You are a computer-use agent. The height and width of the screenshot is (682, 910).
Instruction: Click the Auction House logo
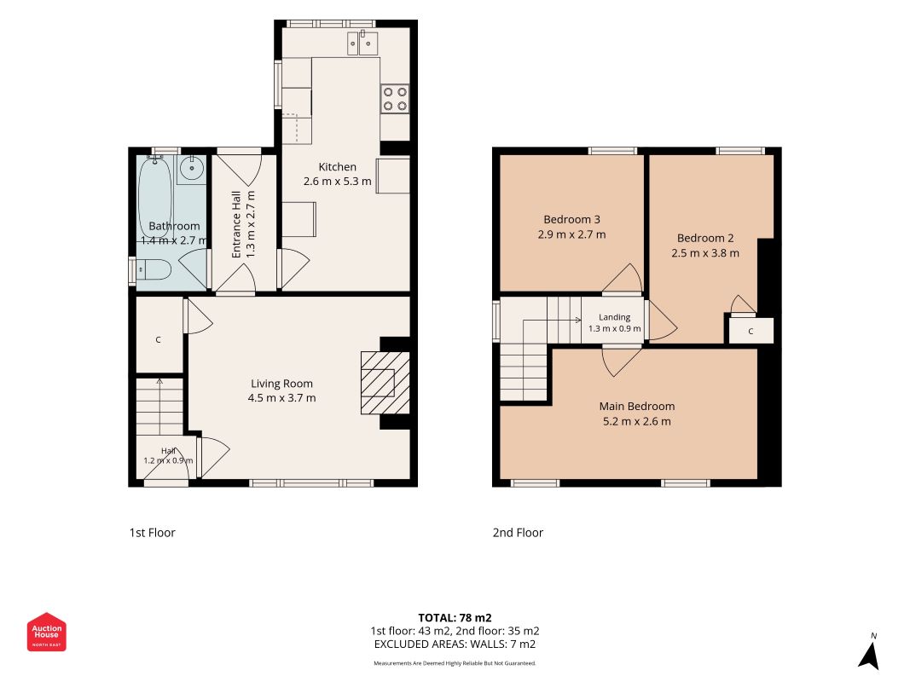click(46, 632)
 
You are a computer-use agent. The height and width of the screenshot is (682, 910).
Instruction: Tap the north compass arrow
click(869, 656)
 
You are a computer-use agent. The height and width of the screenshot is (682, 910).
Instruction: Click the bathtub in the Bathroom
click(155, 197)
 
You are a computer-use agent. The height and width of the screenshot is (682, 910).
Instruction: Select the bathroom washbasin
click(191, 169)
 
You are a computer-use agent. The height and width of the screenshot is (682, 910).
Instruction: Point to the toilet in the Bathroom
click(151, 270)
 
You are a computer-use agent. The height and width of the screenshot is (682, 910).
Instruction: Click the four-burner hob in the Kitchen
click(395, 99)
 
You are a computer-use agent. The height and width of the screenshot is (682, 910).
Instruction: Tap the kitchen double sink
click(362, 43)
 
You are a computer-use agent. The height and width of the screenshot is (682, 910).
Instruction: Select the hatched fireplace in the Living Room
click(385, 383)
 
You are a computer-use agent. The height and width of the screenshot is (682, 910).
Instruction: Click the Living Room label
click(281, 384)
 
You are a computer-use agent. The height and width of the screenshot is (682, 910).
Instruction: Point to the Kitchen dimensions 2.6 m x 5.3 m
click(337, 181)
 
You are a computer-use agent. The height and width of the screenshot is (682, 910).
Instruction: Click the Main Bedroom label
click(636, 406)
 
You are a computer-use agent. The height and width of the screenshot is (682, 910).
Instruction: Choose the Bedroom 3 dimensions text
click(571, 234)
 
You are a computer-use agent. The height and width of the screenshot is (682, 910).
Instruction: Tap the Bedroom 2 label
click(705, 238)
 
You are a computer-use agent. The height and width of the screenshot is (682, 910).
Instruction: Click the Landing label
click(615, 317)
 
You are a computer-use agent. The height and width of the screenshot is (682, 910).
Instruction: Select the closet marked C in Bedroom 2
click(751, 331)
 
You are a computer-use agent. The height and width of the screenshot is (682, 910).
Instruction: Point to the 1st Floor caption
click(152, 532)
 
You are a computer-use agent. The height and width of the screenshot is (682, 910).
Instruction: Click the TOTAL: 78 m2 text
click(455, 617)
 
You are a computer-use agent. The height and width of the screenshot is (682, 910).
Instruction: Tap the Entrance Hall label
click(236, 224)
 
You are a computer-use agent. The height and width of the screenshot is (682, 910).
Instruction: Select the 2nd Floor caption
click(518, 532)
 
